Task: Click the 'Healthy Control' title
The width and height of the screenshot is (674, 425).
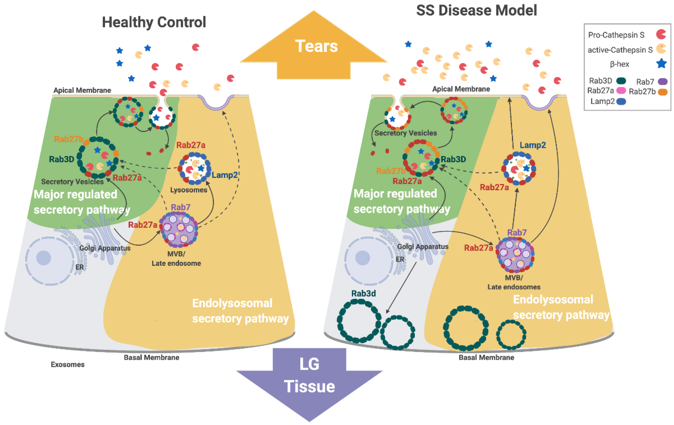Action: coord(154,22)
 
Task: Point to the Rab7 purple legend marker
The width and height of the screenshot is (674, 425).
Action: coord(662,81)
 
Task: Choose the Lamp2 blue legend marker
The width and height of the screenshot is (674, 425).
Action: coord(621,101)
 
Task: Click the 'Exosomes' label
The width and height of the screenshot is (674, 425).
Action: coord(68,364)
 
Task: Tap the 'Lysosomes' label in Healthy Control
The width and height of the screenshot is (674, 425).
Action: coord(189,190)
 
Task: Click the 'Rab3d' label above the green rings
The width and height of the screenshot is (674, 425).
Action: coord(364,293)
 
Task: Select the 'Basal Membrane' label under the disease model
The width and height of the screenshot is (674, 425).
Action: coord(487,357)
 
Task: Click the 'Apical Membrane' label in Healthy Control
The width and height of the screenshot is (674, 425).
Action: coord(82,90)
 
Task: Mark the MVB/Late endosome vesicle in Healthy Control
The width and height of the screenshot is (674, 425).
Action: coord(179,230)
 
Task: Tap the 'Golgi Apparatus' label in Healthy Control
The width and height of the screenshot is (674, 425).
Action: coord(105,248)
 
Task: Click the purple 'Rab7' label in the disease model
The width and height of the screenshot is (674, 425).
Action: coord(517,232)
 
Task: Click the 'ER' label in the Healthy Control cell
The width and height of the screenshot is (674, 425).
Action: coord(79,267)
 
